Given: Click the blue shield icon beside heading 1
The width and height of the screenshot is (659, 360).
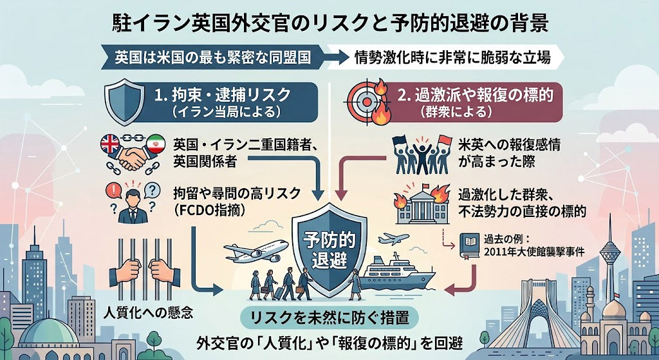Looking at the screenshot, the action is pos(122,102).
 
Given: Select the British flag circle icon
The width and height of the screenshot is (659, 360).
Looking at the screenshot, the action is pos(111,145).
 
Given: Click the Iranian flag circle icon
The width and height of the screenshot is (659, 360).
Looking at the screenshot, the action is pos(156,145).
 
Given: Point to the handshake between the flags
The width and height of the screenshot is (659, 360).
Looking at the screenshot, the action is pos(133,157).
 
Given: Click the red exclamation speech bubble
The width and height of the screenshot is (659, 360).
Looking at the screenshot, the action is pos(113,192).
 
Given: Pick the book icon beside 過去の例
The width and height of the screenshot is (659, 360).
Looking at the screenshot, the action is pos(469,245).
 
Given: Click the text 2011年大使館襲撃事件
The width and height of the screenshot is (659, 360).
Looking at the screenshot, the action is pos(534,252).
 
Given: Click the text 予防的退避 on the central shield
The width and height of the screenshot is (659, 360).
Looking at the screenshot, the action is pos(329,250).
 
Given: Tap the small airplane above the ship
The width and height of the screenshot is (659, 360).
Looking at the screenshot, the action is pos(393,239).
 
